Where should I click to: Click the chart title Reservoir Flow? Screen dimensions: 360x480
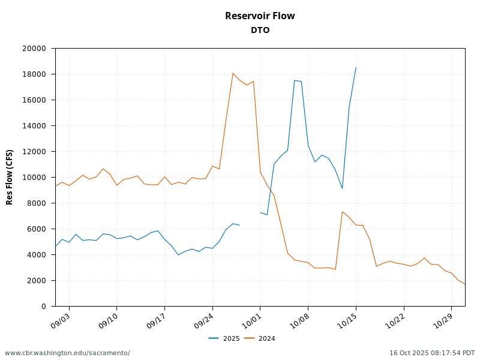pyautogui.click(x=260, y=16)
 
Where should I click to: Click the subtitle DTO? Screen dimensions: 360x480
pyautogui.click(x=260, y=30)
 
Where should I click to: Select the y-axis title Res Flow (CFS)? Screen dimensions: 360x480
pyautogui.click(x=10, y=177)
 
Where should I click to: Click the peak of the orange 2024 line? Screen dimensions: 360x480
pyautogui.click(x=233, y=73)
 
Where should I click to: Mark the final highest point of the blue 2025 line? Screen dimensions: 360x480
pyautogui.click(x=356, y=68)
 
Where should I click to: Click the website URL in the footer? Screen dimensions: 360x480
pyautogui.click(x=67, y=353)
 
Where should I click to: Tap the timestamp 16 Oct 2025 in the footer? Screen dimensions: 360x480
pyautogui.click(x=432, y=353)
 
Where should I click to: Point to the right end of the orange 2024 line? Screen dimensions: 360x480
pyautogui.click(x=465, y=284)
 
